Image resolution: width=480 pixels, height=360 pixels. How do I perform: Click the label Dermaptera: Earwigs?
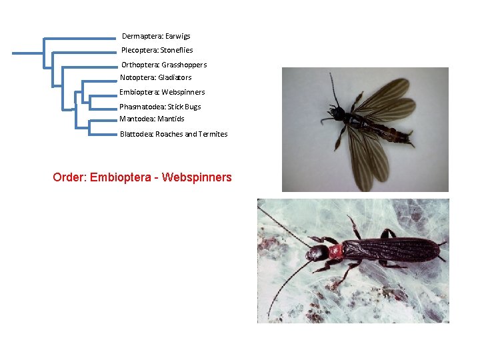pos(156,36)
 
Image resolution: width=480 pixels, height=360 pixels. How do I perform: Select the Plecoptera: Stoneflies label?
pos(157,50)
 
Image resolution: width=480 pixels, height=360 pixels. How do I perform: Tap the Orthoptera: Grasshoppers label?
pos(164,65)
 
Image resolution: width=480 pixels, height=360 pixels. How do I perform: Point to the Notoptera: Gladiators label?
pos(155,77)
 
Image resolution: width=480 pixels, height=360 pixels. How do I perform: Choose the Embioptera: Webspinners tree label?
pos(162,92)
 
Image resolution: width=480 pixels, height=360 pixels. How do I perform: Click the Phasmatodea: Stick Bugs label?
pos(160,107)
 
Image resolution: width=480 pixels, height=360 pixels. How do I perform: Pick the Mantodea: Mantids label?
pos(152,119)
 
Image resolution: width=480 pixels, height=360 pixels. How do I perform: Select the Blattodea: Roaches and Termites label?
pos(173,134)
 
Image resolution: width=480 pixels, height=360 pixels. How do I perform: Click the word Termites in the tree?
pos(213,134)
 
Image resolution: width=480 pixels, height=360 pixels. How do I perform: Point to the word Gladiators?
pos(175,77)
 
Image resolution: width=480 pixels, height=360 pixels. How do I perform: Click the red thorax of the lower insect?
pos(335,251)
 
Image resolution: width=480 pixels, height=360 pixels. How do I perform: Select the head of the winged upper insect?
pos(339,113)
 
